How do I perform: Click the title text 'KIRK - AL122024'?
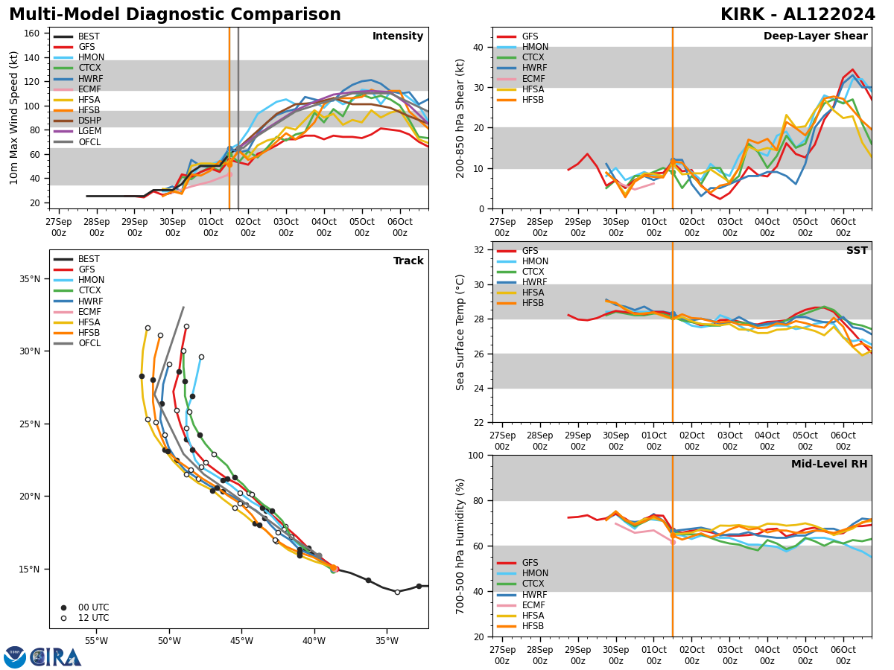(797, 15)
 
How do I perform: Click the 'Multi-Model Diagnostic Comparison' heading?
(175, 15)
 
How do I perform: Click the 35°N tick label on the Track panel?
(31, 279)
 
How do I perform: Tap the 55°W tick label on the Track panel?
(96, 642)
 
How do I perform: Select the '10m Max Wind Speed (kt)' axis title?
(14, 118)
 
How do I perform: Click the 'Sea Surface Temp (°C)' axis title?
(461, 332)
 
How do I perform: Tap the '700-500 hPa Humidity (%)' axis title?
(461, 546)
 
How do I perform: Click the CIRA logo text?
(56, 657)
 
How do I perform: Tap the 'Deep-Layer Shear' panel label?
(815, 36)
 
